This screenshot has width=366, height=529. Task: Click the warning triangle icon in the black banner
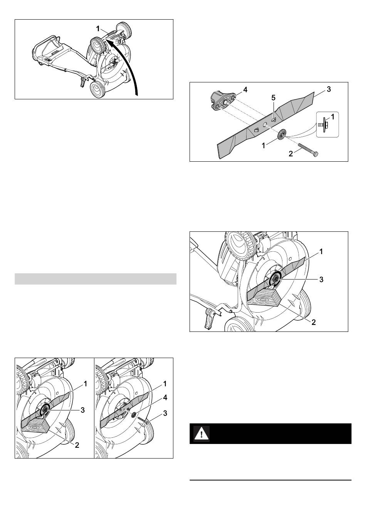coord(201,434)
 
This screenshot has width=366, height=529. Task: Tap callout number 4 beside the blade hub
coord(245,90)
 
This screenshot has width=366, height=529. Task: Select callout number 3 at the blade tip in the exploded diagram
coord(329,89)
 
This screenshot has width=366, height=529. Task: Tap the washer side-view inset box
coord(327,124)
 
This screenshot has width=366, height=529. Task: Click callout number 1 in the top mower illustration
coord(98,29)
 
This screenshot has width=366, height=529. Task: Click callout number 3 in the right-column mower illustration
coord(321,280)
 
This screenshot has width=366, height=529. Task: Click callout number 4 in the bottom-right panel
coord(165,398)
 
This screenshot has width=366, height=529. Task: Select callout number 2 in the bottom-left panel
coord(77,445)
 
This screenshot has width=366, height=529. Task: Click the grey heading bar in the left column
coord(96,279)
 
